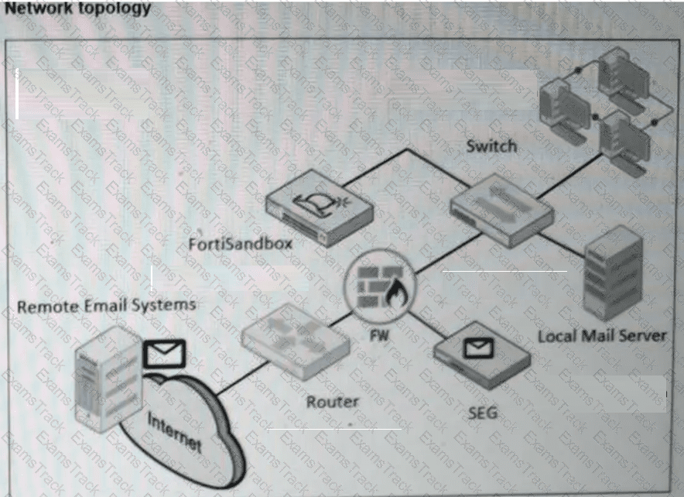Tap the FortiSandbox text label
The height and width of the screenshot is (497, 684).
[x=241, y=245]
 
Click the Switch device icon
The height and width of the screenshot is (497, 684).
[x=501, y=209]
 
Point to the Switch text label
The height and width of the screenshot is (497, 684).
[x=491, y=146]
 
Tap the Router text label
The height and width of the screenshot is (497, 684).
[x=332, y=401]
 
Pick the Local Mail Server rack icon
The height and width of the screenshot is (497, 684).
[x=613, y=275]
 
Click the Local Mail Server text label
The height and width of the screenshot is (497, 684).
[x=601, y=336]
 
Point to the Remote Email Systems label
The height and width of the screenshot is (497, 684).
[x=107, y=305]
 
